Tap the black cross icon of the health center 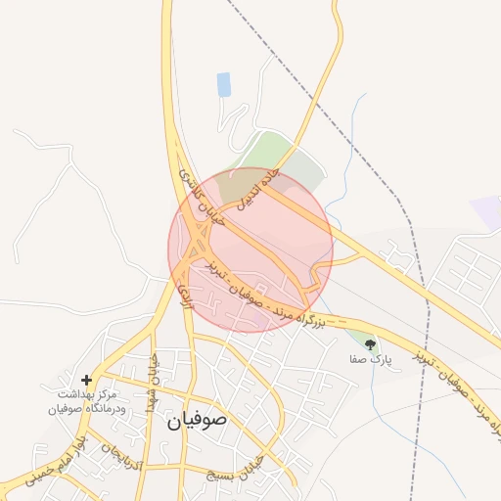point(87,379)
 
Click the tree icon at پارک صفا point(369,344)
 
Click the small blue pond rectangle point(224,84)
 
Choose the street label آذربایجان point(123,456)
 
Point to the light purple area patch point(485,211)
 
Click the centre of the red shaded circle point(250,250)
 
